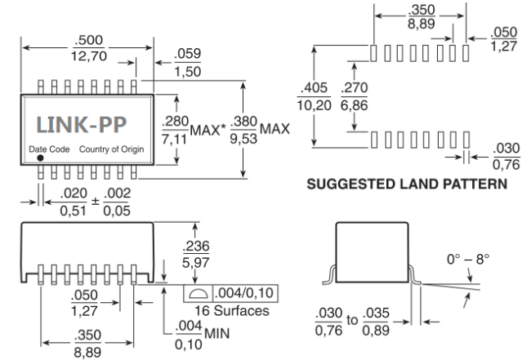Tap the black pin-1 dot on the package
tap(40, 159)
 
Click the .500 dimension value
tap(82, 42)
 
